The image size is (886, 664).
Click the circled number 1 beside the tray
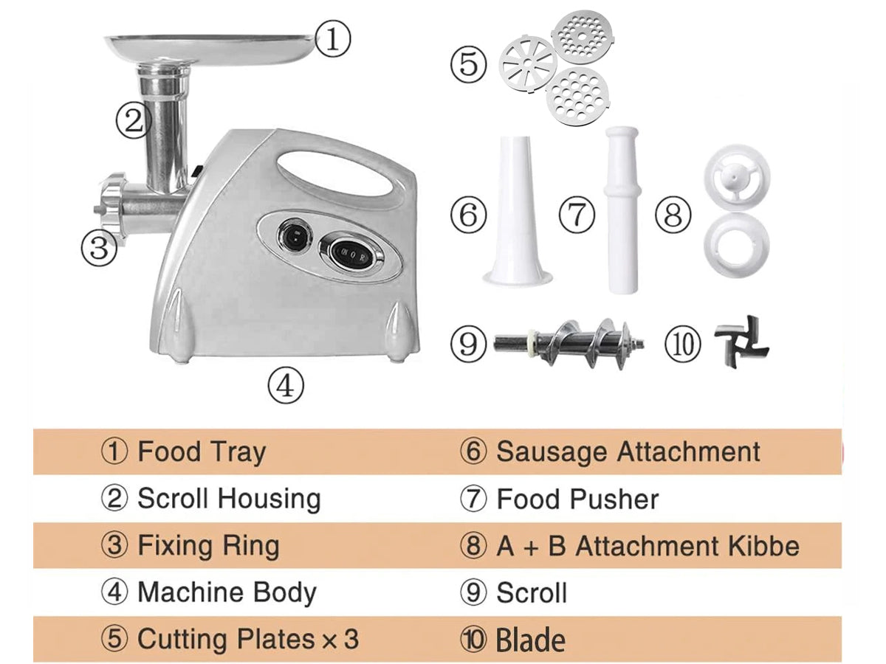(x=332, y=39)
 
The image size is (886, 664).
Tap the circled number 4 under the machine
(x=286, y=385)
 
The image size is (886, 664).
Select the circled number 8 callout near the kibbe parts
(x=673, y=214)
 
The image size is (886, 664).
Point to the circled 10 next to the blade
(x=683, y=344)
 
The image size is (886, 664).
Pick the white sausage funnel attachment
(x=517, y=210)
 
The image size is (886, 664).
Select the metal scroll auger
(x=569, y=344)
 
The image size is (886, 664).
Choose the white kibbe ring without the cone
(x=737, y=245)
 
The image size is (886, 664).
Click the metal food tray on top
(x=210, y=47)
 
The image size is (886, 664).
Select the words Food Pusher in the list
(x=577, y=499)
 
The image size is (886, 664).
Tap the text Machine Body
(x=227, y=593)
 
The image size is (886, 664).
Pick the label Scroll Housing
(x=229, y=499)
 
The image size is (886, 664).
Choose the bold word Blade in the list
(x=530, y=640)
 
